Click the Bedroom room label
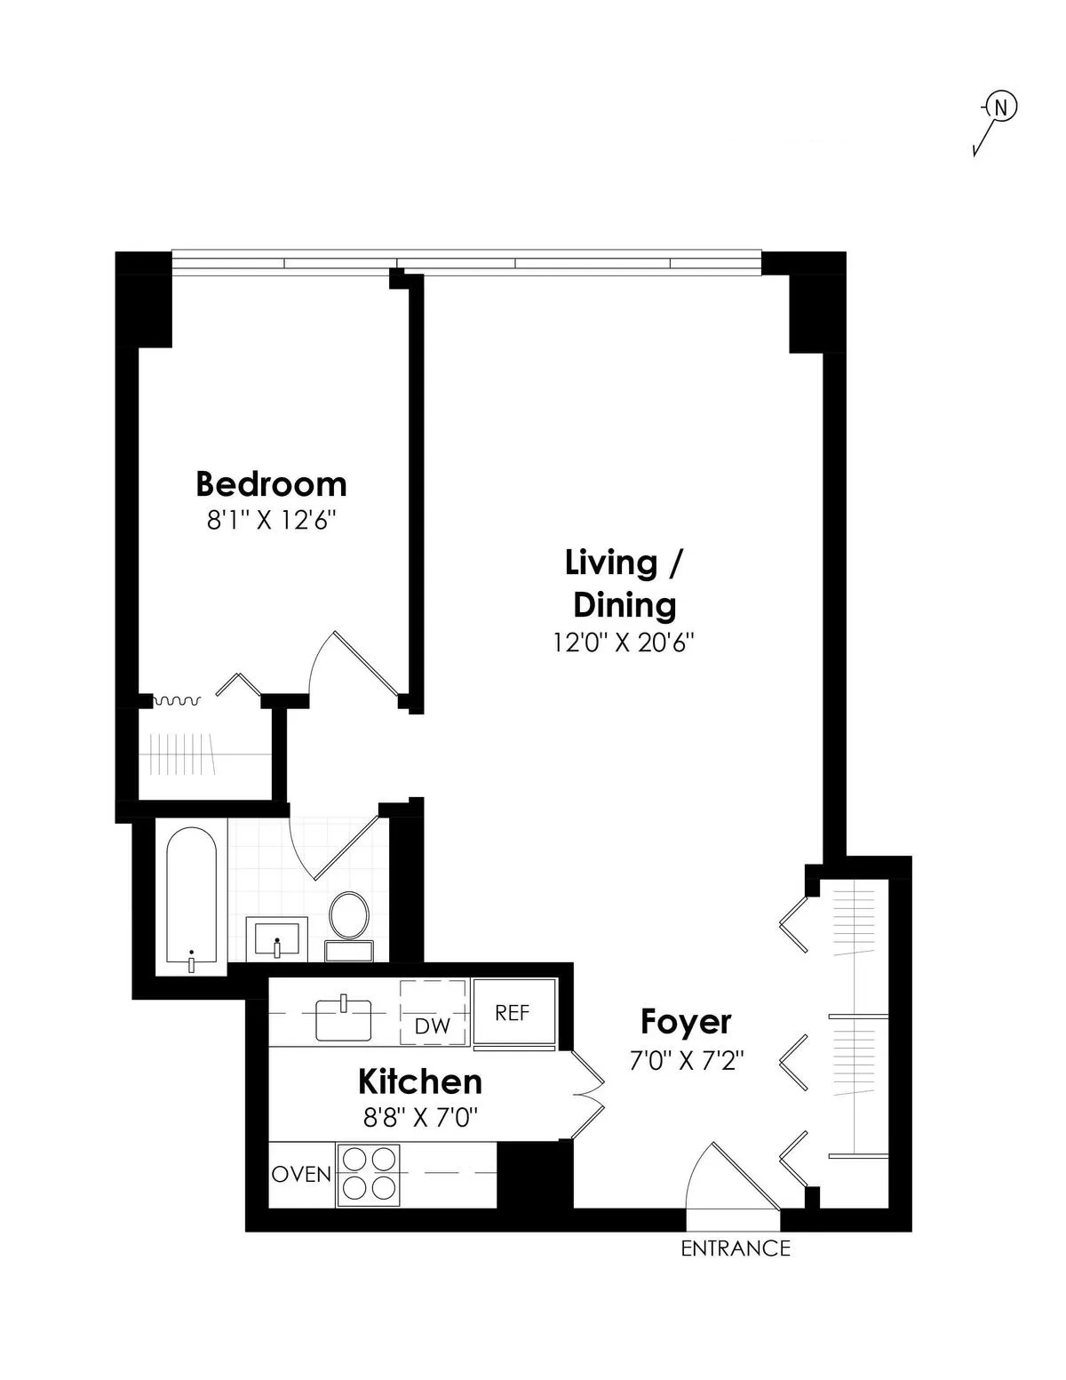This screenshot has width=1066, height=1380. (x=271, y=484)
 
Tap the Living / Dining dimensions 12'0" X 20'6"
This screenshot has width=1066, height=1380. (x=623, y=642)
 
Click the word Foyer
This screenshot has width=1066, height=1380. (x=686, y=1022)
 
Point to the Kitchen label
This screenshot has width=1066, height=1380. (x=420, y=1081)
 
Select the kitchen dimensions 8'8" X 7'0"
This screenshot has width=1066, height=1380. (x=421, y=1117)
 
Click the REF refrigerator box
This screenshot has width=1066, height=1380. (x=513, y=1013)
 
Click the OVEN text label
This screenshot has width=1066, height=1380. (x=301, y=1174)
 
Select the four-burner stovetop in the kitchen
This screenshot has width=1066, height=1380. (x=367, y=1174)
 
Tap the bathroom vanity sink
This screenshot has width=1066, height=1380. (x=276, y=938)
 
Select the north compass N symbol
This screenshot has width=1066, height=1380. (x=1000, y=108)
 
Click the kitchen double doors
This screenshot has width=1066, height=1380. (x=587, y=1095)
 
